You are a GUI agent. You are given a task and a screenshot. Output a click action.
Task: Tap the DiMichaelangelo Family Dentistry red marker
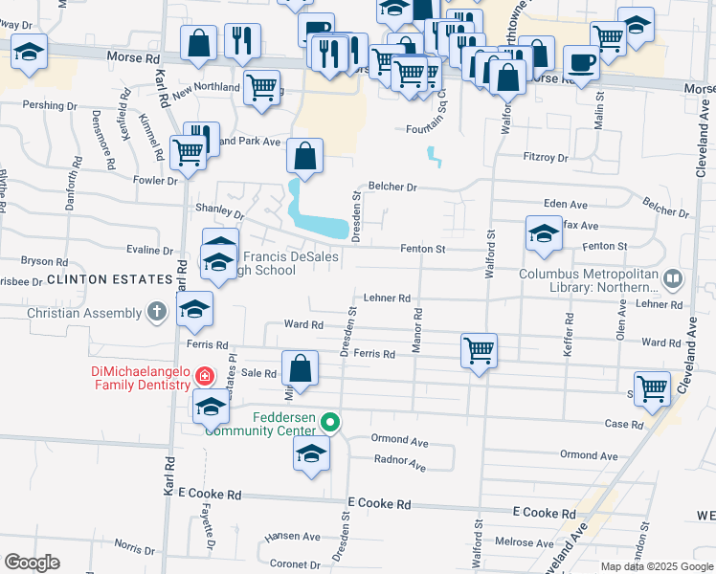click(204, 376)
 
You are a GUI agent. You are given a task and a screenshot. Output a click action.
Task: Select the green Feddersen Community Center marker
click(330, 421)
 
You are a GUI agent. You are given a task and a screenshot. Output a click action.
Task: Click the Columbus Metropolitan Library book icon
click(673, 278)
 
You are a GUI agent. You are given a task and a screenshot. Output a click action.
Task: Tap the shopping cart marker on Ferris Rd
click(478, 350)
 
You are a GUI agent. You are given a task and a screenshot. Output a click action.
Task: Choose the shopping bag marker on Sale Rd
click(300, 368)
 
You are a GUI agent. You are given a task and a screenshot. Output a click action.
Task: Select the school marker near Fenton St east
click(544, 233)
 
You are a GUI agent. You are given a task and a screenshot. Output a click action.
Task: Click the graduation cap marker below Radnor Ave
click(311, 453)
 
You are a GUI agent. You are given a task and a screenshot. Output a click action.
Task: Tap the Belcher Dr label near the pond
click(392, 188)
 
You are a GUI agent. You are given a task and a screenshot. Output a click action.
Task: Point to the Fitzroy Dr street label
click(547, 157)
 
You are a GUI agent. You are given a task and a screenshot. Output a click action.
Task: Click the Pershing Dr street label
click(50, 104)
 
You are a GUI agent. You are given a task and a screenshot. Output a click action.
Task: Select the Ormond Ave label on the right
click(588, 454)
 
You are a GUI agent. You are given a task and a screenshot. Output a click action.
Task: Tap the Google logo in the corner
click(33, 563)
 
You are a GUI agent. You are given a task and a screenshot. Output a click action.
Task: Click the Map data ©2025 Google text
click(656, 566)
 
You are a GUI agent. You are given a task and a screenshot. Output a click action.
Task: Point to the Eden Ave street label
click(565, 205)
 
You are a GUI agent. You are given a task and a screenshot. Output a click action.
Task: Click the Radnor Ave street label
click(400, 464)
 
